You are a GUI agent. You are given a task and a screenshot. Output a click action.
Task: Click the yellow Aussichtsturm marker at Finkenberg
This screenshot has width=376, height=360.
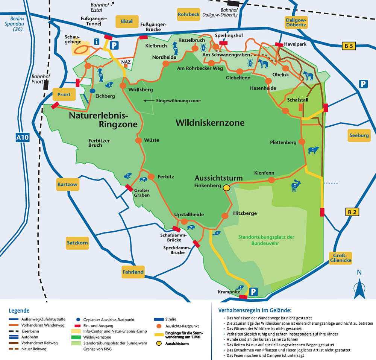(x=226, y=187)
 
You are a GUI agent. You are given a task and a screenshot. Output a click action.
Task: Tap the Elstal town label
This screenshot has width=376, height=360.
(x=127, y=21)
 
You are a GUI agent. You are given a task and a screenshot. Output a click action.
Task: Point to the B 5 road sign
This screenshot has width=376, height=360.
(x=349, y=46)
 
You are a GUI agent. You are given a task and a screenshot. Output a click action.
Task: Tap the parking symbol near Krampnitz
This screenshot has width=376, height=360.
(x=254, y=291)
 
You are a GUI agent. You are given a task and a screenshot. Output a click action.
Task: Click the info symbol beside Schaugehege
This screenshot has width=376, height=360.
(x=97, y=42)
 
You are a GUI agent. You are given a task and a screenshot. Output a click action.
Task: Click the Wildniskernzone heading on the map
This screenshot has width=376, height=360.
(x=210, y=123)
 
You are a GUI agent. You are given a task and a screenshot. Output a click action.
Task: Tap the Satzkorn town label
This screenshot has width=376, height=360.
(x=77, y=243)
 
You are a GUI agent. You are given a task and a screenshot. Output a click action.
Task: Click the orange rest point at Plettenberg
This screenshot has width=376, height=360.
(x=302, y=142)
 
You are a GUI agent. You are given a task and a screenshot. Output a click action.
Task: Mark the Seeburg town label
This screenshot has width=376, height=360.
(x=359, y=135)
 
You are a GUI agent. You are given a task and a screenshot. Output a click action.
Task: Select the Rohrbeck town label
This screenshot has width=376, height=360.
(x=188, y=15)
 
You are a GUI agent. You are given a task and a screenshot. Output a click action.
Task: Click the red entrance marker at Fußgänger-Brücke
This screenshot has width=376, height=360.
(x=143, y=37)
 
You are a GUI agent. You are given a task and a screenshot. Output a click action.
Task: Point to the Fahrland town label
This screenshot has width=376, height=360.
(x=133, y=272)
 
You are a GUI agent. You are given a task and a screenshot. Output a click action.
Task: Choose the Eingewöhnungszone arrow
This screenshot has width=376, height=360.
(x=149, y=101)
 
